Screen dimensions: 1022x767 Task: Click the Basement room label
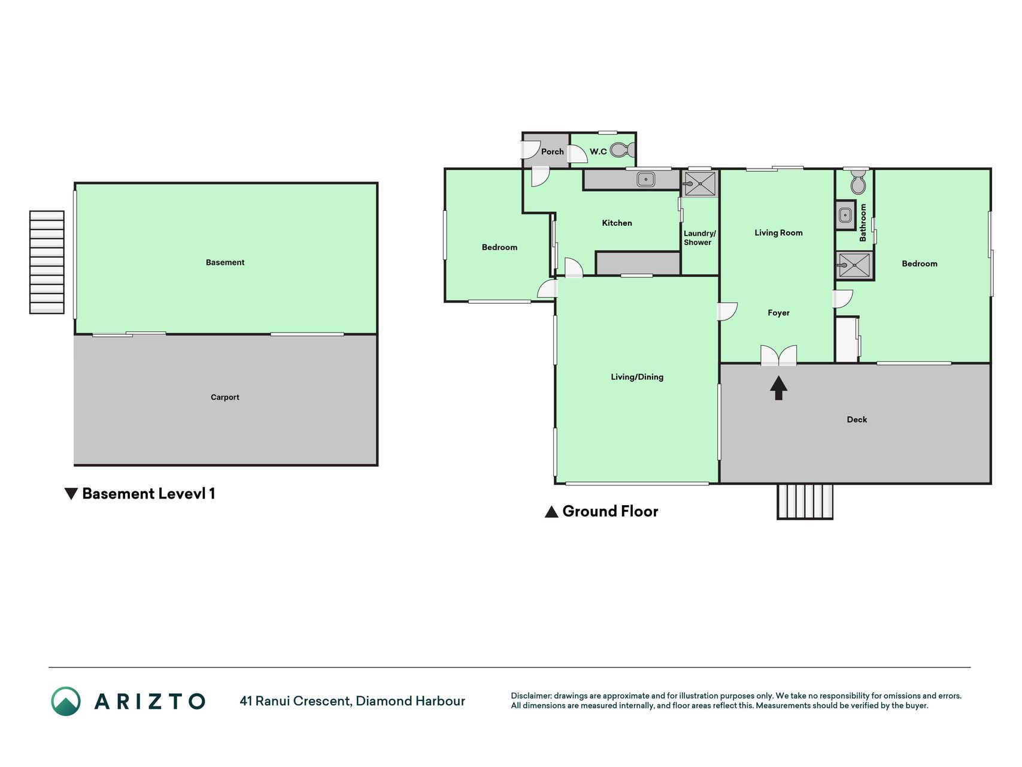coord(225,262)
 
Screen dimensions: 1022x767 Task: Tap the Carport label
coord(225,397)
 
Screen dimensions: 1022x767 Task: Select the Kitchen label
coord(617,223)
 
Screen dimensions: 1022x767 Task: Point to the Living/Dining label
coord(637,377)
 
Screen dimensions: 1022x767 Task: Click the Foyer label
coord(778,313)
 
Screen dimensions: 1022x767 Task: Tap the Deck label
coord(857,419)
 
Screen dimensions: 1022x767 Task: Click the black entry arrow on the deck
coord(778,388)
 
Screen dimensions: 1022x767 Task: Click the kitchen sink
coord(645,179)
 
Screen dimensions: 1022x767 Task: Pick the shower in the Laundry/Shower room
coord(699,184)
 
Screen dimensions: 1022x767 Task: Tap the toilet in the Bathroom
coord(858,182)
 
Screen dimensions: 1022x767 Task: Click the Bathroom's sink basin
coord(845,215)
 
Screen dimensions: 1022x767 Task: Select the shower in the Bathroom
coord(854,265)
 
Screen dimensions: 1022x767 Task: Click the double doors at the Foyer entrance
coord(778,355)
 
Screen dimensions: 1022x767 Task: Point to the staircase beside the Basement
coord(47,262)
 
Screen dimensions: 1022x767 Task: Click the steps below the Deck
coord(805,501)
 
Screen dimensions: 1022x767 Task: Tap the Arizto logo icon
coord(66,701)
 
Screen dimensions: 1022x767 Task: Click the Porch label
coord(552,152)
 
